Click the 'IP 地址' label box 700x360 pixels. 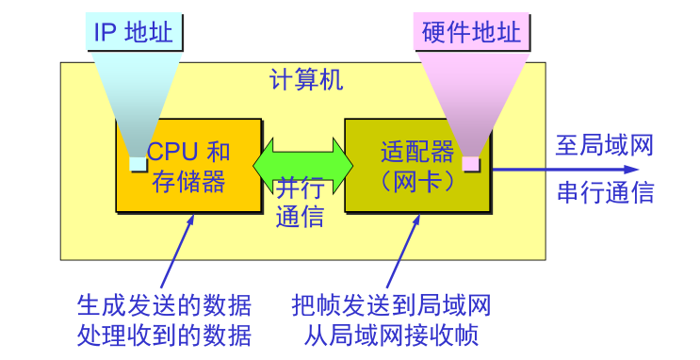coord(133,33)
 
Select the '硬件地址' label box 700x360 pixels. coord(473,33)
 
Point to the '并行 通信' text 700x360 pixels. coord(301,202)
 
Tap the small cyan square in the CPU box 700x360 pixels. coord(138,165)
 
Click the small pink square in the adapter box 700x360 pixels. coord(470,165)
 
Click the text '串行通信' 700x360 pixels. coord(604,193)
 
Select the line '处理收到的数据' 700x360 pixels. coord(164,335)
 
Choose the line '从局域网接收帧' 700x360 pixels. coord(392,335)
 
